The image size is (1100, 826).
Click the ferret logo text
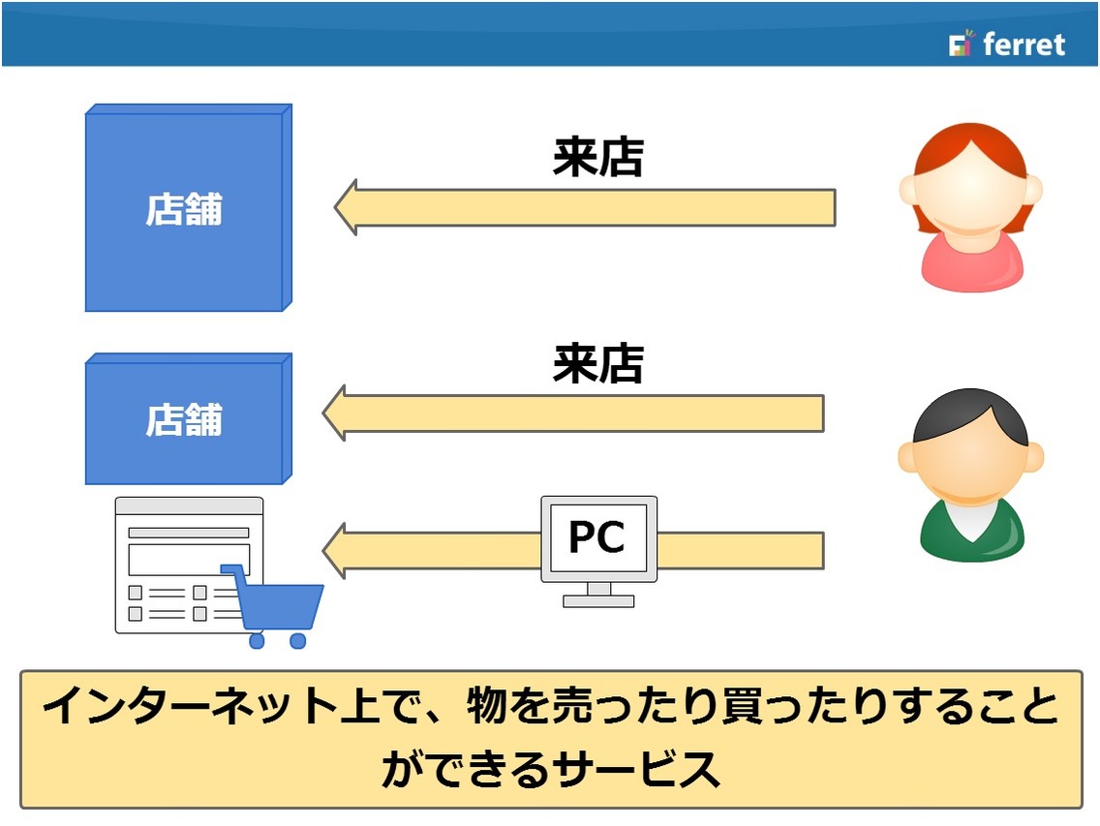[1024, 45]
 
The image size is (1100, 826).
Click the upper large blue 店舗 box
[188, 208]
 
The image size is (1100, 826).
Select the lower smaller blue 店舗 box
[188, 419]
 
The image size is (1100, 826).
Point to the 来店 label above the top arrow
[597, 157]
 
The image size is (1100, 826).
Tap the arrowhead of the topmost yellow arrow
[345, 208]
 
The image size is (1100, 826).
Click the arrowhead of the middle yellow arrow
[334, 413]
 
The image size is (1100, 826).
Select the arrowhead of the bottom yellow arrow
[334, 551]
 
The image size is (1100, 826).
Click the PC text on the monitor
[597, 536]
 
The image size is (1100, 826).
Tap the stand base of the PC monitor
[598, 600]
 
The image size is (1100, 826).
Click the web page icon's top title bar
[189, 506]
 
